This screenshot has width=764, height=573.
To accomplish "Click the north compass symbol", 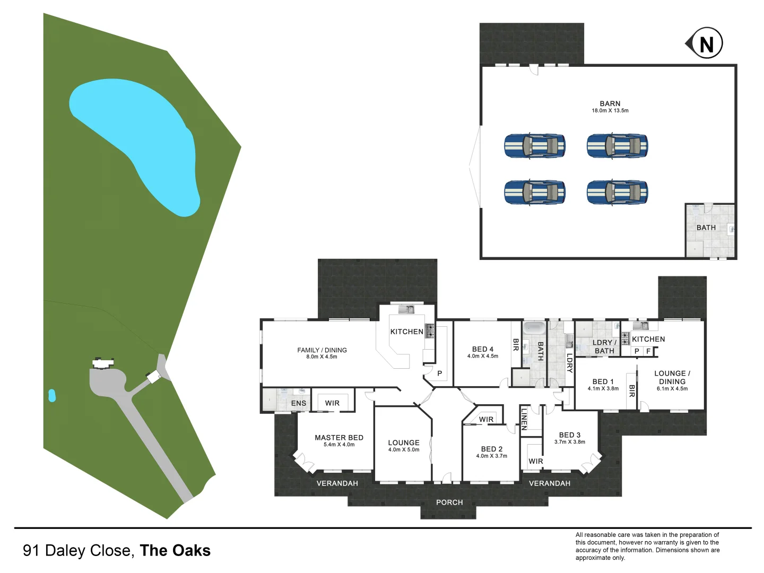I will [706, 44].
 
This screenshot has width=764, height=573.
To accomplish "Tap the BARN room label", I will [610, 103].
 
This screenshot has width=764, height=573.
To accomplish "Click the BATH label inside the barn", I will [706, 228].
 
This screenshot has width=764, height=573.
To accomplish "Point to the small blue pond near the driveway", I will [52, 395].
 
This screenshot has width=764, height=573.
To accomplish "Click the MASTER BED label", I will [339, 438].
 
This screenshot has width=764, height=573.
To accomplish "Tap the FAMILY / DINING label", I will [322, 350].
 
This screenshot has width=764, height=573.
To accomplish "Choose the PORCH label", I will [449, 502].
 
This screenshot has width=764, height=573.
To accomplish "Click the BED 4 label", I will [483, 349].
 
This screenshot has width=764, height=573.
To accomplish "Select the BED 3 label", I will [570, 435].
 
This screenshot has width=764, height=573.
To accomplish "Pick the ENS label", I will [299, 403].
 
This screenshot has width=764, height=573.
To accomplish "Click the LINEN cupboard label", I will [524, 419].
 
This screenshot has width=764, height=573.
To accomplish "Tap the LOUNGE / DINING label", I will [672, 377].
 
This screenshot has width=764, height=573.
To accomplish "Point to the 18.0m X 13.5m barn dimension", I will [610, 111].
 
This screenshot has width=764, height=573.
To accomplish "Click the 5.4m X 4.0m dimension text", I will [339, 445].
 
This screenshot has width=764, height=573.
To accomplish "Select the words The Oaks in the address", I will [175, 551].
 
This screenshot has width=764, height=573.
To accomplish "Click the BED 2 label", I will [492, 449].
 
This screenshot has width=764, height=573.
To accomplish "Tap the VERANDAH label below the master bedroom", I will [337, 483].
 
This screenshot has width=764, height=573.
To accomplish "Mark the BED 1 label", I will [603, 381].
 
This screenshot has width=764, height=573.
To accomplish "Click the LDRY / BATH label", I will [604, 346].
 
